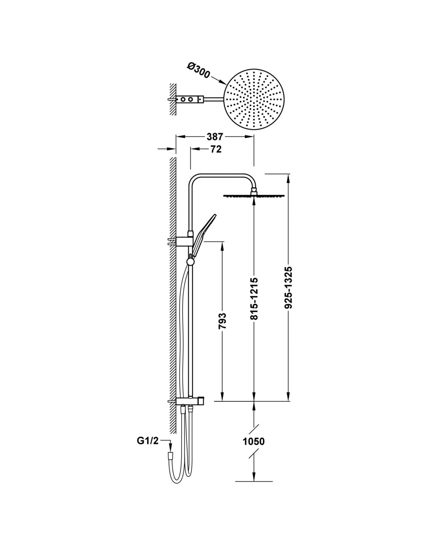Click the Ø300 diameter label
point(198,70)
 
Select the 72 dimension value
point(216,149)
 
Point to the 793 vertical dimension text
point(223,321)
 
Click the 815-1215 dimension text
point(254,298)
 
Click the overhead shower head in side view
point(254,195)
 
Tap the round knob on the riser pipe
point(191,262)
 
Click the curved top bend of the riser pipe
point(195,179)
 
